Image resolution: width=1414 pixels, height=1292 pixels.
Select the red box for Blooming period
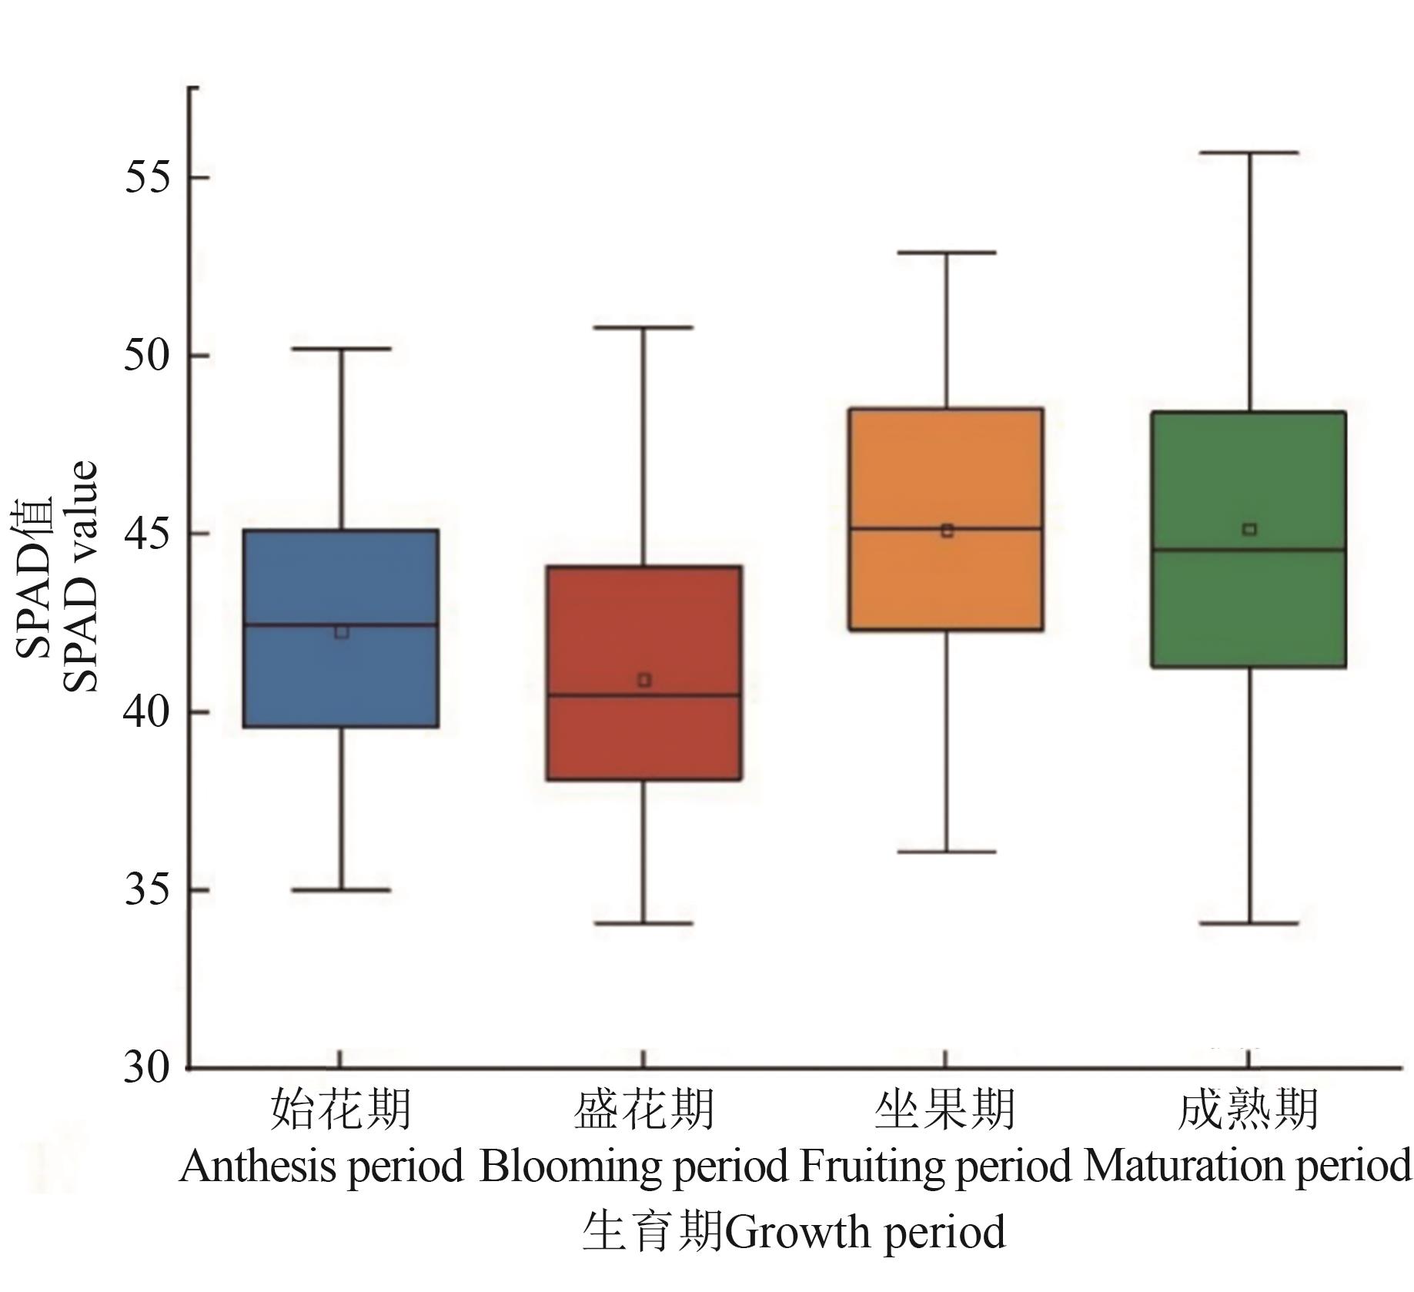[x=644, y=739]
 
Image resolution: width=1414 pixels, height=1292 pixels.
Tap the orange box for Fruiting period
[x=946, y=462]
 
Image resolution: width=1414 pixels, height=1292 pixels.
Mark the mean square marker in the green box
[x=1249, y=529]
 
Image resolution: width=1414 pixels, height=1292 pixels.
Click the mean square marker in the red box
[x=644, y=680]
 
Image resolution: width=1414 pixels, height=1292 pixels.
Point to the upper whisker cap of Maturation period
[x=1249, y=153]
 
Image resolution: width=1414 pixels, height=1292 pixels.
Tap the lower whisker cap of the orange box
[x=946, y=852]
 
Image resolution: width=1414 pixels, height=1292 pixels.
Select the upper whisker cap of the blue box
[x=341, y=349]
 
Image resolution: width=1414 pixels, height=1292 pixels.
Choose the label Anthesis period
[x=321, y=1166]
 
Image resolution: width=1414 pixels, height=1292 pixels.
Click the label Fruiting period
[x=935, y=1166]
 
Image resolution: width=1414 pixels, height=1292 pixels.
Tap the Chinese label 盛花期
[x=644, y=1110]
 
